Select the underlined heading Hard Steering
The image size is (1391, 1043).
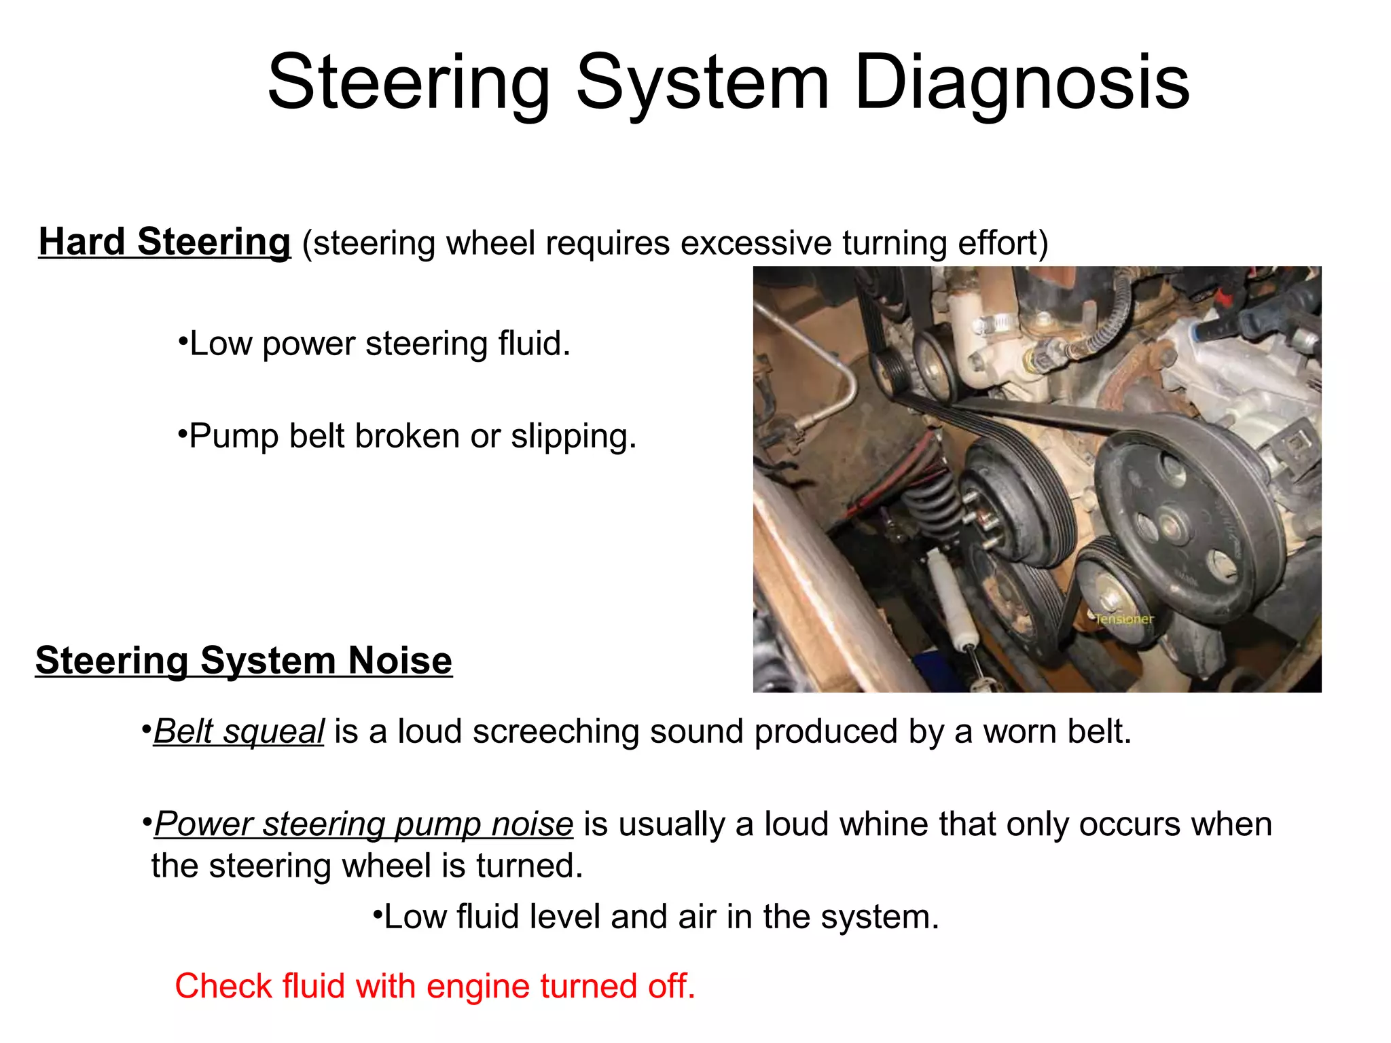click(x=164, y=242)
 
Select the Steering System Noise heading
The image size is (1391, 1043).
click(x=243, y=661)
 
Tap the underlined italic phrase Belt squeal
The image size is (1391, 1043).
click(x=239, y=731)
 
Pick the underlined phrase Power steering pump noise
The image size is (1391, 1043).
click(x=364, y=824)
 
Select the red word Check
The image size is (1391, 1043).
click(x=223, y=986)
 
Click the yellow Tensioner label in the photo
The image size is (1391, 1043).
click(x=1124, y=619)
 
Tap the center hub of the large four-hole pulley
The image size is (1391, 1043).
click(x=1170, y=524)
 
